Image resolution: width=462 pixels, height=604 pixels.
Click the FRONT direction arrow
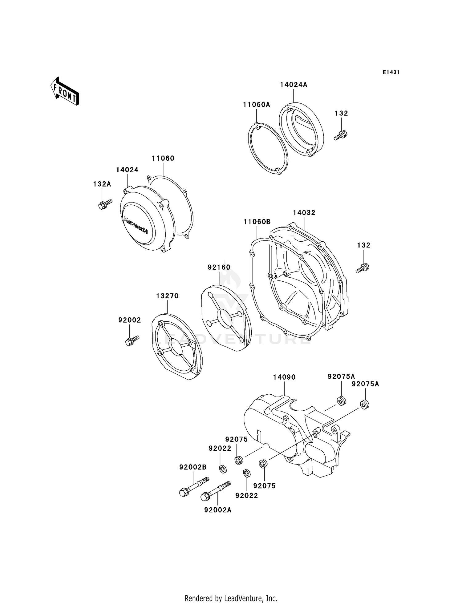click(65, 91)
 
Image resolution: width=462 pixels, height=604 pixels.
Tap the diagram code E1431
click(391, 72)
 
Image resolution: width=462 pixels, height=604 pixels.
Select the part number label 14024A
click(294, 85)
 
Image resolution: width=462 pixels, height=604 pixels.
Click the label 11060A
click(256, 105)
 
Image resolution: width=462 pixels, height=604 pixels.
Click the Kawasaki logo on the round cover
click(136, 225)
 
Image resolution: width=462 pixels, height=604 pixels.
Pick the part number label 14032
click(304, 213)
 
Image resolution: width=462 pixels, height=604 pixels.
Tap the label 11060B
click(257, 222)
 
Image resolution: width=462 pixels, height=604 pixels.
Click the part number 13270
click(167, 296)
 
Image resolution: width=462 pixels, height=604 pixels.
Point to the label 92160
click(219, 267)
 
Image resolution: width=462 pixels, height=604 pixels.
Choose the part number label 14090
click(284, 377)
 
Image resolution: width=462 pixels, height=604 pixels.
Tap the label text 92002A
click(218, 510)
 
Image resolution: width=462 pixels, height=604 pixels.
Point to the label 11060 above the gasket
click(163, 158)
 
